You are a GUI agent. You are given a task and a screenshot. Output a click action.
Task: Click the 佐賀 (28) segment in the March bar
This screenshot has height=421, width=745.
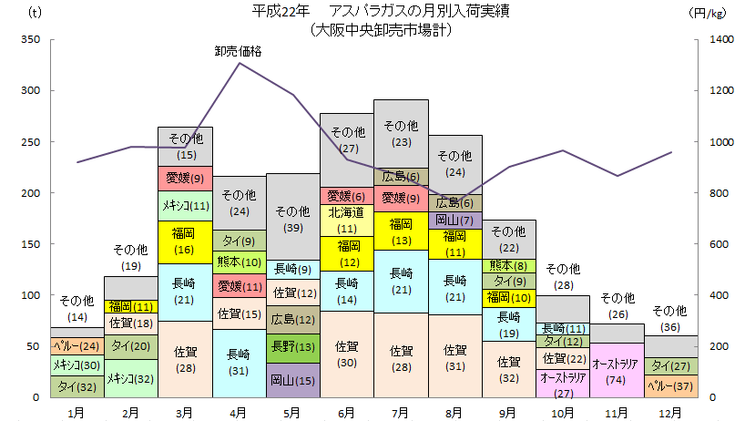pos(185,359)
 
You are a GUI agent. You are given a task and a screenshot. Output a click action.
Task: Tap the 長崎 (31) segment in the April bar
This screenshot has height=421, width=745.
pos(239,363)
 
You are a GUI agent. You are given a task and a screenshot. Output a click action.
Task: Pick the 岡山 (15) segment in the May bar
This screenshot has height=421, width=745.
pos(292,380)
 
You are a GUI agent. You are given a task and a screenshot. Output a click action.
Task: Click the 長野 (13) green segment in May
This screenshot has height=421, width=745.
pos(292,346)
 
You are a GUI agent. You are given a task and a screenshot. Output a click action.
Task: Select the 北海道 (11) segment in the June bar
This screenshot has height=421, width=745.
pos(346,220)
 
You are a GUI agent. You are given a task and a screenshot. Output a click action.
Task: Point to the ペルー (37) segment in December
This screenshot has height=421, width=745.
pos(670,385)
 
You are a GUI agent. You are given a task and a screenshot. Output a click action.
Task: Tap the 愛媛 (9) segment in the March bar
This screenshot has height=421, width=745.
pos(185,178)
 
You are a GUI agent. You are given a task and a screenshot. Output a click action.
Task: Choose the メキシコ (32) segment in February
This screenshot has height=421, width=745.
pos(131,378)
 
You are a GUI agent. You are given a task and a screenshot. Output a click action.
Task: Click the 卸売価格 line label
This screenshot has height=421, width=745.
pos(238,51)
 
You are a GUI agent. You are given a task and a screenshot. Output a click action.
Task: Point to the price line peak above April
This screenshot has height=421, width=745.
pos(239,63)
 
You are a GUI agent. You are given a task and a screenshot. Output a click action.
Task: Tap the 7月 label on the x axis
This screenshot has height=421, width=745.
pos(400,412)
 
